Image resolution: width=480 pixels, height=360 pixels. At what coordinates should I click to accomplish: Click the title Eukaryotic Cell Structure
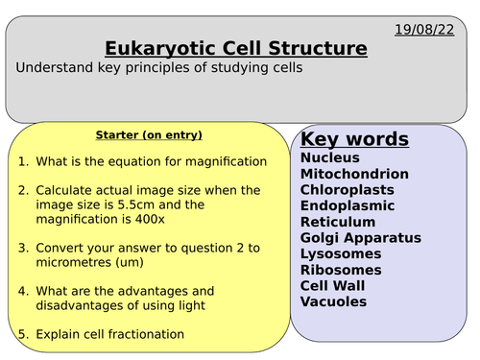coord(235,48)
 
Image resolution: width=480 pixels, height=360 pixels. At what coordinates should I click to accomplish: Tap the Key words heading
coord(354,139)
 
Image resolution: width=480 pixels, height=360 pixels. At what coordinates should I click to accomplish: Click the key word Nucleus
coord(330,157)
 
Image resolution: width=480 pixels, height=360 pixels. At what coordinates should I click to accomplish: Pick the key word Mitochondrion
coord(354,174)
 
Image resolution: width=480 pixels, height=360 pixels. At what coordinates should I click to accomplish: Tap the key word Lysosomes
coord(341,253)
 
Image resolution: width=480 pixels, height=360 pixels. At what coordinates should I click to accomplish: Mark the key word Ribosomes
coord(341,270)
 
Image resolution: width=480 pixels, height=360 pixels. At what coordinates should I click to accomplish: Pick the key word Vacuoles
coord(333,301)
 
